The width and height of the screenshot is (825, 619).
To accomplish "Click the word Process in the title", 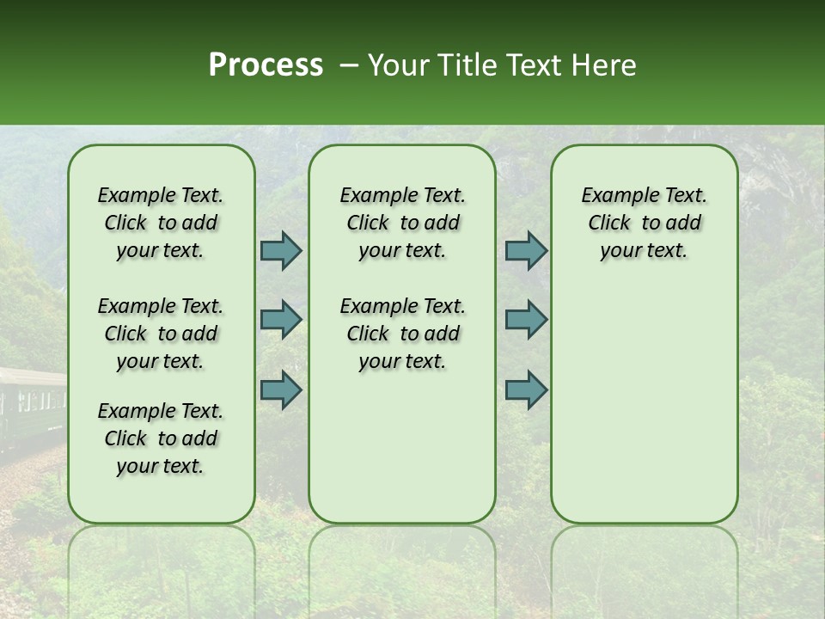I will tap(266, 65).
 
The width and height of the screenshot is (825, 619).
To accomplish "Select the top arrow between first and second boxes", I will tap(281, 250).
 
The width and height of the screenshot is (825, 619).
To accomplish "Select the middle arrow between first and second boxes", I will tap(281, 320).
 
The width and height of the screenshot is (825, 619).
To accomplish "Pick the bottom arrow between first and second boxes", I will tap(281, 389).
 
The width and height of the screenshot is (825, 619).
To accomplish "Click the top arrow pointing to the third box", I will tap(526, 250).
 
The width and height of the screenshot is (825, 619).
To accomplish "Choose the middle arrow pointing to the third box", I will tap(526, 320).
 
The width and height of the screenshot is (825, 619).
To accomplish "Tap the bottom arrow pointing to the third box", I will tap(526, 389).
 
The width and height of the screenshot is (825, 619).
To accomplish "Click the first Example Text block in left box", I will tap(161, 223).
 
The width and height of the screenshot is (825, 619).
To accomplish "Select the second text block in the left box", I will tap(161, 334).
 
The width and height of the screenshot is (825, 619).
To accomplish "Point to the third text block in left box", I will tap(161, 438).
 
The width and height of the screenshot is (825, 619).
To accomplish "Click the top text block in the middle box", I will tap(402, 223).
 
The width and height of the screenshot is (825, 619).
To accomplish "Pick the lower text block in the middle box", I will tap(402, 334).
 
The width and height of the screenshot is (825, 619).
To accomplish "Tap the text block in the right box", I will tap(644, 223).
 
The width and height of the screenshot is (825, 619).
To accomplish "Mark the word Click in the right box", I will tap(609, 224).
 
